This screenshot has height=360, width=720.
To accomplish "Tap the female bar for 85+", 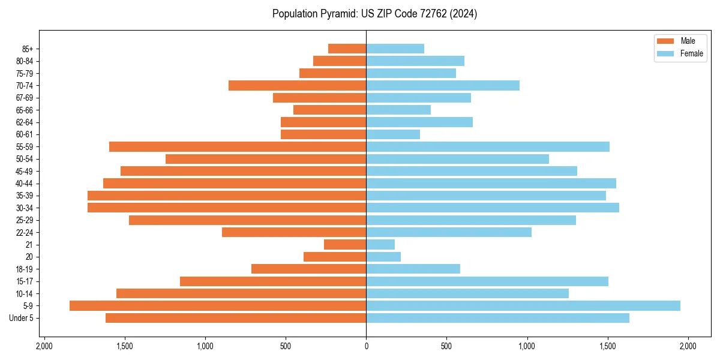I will pyautogui.click(x=395, y=49).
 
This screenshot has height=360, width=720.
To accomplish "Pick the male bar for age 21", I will pyautogui.click(x=345, y=244).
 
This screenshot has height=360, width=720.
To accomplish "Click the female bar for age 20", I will pyautogui.click(x=383, y=257).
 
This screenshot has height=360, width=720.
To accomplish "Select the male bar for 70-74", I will pyautogui.click(x=297, y=85).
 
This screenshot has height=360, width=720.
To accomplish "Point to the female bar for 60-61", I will pyautogui.click(x=393, y=134).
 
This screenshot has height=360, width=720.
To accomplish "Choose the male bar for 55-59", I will pyautogui.click(x=238, y=146).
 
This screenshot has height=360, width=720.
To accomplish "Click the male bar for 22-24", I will pyautogui.click(x=294, y=232).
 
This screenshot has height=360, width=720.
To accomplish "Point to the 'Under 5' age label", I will pyautogui.click(x=21, y=318).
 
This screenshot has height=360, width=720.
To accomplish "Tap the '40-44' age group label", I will pyautogui.click(x=25, y=184).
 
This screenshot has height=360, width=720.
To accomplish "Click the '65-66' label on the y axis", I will pyautogui.click(x=25, y=110).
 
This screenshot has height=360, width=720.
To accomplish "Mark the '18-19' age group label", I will pyautogui.click(x=25, y=269).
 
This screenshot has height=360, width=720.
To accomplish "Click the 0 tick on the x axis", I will pyautogui.click(x=366, y=346).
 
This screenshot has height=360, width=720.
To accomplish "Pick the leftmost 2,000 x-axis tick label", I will pyautogui.click(x=44, y=346).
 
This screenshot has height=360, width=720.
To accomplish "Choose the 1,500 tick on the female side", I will pyautogui.click(x=607, y=346).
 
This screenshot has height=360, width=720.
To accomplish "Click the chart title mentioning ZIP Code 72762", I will pyautogui.click(x=374, y=14).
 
